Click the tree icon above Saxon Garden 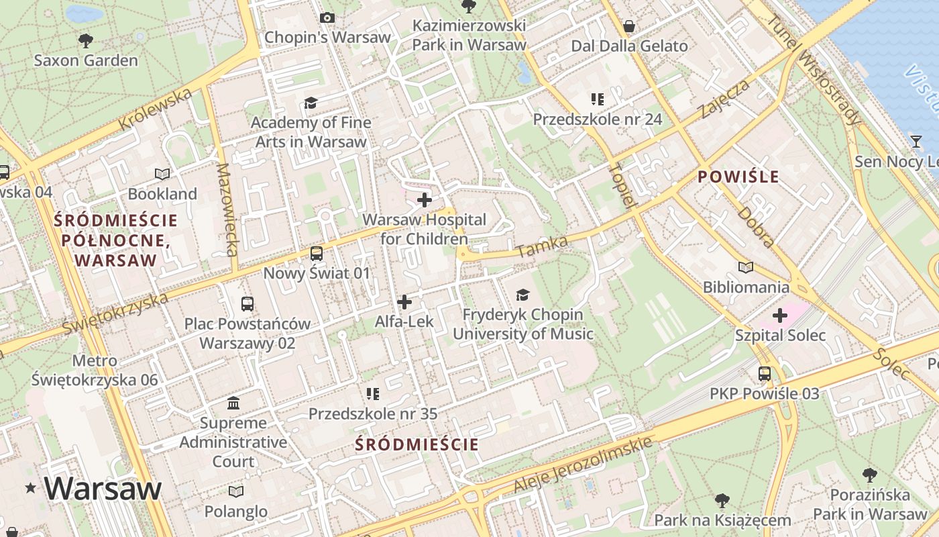point(85,41)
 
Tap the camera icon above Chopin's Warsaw point(327,18)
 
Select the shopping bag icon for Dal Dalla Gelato point(629,27)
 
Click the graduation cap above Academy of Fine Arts point(310,103)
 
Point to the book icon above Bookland point(162,175)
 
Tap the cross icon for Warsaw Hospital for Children point(424,200)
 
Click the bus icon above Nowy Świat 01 point(316,254)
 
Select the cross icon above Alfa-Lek point(404,302)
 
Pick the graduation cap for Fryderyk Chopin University point(522,295)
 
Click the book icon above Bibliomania point(745,267)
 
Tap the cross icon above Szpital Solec point(779,315)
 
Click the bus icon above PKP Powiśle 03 point(764,374)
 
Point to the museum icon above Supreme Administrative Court point(233,403)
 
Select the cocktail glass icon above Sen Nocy point(916,142)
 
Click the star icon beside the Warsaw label point(30,489)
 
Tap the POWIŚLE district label point(738,177)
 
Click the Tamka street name point(543,246)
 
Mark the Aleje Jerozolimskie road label point(583,464)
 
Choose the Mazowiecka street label point(227,210)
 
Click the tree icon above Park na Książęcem point(722,500)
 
